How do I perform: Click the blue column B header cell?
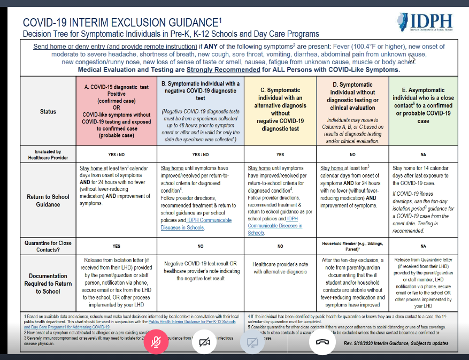point(201,111)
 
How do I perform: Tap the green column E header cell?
point(423,111)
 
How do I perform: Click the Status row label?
point(48,111)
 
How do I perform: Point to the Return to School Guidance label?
point(48,201)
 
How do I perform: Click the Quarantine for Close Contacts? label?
point(48,246)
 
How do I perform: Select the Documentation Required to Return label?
point(48,284)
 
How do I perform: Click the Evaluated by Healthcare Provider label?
point(48,155)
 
